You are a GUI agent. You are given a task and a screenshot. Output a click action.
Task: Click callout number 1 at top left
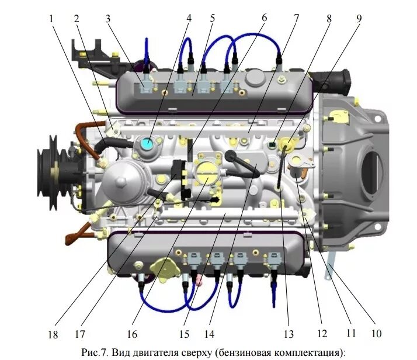pyautogui.click(x=52, y=18)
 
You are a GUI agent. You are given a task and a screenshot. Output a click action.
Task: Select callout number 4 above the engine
pyautogui.click(x=189, y=18)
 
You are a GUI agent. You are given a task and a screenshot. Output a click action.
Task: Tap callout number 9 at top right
pyautogui.click(x=359, y=18)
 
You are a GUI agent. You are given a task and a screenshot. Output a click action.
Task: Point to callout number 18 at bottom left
pyautogui.click(x=53, y=335)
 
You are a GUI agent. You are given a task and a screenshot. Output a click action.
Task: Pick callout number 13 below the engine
pyautogui.click(x=288, y=334)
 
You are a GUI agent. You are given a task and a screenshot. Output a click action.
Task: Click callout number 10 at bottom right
pyautogui.click(x=376, y=334)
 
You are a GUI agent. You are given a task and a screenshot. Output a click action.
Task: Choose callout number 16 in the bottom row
pyautogui.click(x=133, y=335)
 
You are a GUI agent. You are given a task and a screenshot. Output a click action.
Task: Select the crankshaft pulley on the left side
pyautogui.click(x=48, y=166)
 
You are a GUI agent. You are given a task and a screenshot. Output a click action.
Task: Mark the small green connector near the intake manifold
pyautogui.click(x=273, y=142)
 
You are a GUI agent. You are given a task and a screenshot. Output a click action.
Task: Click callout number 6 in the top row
pyautogui.click(x=263, y=18)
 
